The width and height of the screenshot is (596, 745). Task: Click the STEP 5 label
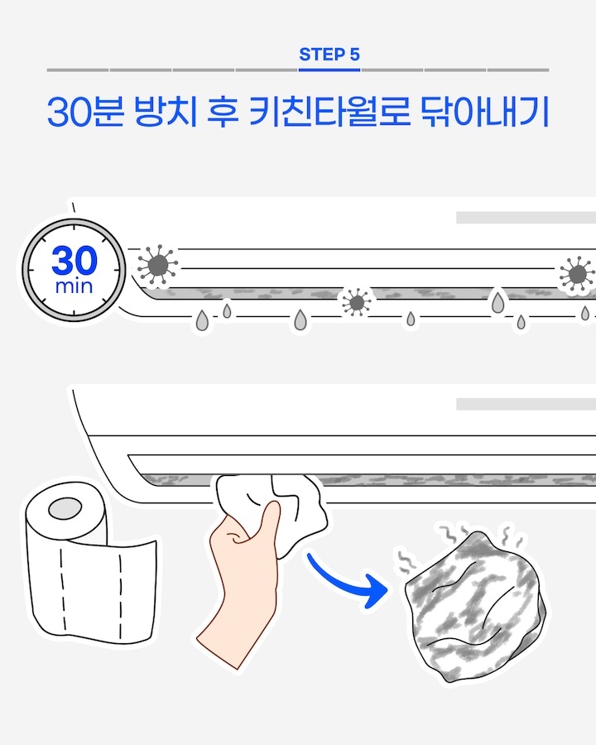click(x=329, y=55)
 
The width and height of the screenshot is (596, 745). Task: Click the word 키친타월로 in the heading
click(x=329, y=113)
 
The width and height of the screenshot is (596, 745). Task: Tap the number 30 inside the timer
click(x=74, y=262)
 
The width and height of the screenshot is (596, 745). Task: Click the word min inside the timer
click(x=74, y=287)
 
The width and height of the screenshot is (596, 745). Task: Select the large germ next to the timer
click(x=156, y=266)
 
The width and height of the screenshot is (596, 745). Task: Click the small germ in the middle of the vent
click(x=356, y=303)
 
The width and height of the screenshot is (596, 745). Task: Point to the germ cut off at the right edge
click(x=577, y=275)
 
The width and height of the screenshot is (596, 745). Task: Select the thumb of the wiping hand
click(x=267, y=521)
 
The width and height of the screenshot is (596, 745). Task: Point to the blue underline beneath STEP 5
click(x=329, y=70)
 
